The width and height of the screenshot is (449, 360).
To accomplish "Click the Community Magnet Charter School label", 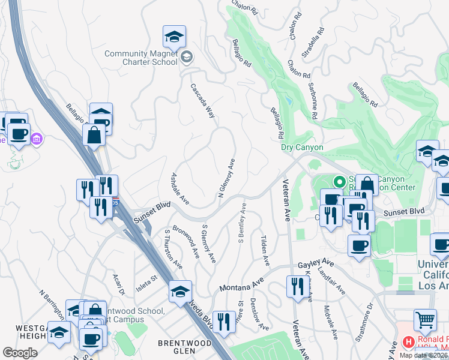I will pos(141,58).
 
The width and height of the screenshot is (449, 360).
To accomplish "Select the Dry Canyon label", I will pos(302,148).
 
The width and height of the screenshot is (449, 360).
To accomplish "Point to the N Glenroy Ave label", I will pos(226,179).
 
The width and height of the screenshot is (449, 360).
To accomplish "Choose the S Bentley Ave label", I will pos(243,223).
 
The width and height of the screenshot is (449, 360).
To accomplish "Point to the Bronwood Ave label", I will pos(185,241).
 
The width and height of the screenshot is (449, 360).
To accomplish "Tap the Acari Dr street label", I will pos(118,285).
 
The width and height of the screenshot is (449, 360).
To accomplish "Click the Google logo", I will pos(20,353).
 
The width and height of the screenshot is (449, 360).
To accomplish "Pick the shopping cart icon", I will pos(425,321).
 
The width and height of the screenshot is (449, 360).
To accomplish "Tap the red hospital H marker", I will pos(409,342).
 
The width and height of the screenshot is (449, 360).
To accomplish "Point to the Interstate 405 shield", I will pos(118,204).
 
